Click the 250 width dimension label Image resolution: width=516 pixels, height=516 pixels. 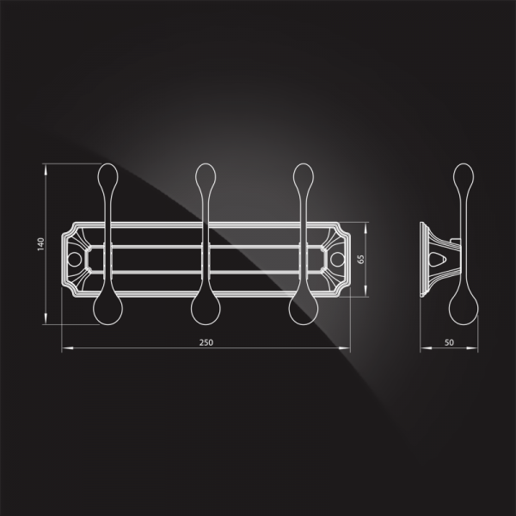(x=206, y=342)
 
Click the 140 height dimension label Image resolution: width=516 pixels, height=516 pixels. (x=40, y=244)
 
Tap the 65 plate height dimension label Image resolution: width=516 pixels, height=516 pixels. (x=360, y=259)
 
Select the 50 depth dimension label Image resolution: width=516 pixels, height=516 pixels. (x=449, y=342)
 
